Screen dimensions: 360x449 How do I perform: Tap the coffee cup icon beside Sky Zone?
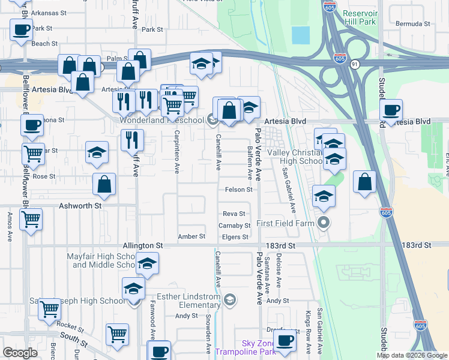pos(286,341)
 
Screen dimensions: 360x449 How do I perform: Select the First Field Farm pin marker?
pos(324,224)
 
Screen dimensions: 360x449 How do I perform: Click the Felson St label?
pos(238,190)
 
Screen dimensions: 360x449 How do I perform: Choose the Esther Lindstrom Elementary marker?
pos(229,299)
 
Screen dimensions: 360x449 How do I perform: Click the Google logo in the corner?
pos(20,352)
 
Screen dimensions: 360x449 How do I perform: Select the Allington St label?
pos(143,246)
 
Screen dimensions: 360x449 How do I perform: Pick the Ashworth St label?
pos(81,205)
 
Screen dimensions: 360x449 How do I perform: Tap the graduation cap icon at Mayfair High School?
pos(146,263)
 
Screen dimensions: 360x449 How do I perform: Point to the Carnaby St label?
pos(235,226)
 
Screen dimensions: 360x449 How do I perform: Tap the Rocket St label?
pos(70,326)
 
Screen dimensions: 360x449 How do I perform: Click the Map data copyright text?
pos(411,355)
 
